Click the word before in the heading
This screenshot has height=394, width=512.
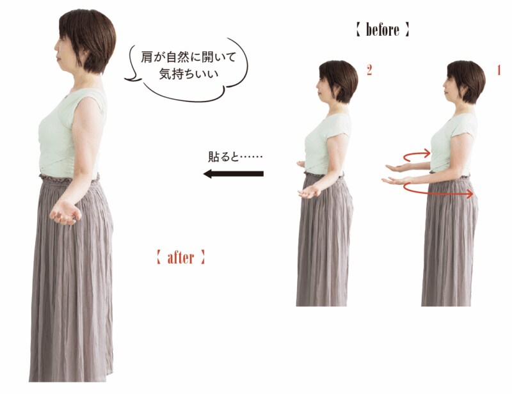click(382, 29)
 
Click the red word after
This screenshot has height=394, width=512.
click(180, 258)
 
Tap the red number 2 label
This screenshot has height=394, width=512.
click(369, 70)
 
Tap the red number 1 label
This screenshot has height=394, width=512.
click(499, 70)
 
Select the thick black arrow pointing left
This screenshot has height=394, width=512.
click(234, 174)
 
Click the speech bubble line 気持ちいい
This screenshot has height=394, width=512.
click(188, 74)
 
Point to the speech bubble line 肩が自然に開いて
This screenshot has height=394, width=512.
click(188, 58)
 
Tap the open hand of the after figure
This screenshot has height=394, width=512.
click(65, 213)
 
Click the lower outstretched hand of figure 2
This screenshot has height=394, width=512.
click(308, 193)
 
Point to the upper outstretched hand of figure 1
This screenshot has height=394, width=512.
click(397, 168)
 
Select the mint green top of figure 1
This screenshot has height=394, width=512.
click(453, 144)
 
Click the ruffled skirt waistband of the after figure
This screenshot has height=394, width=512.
click(69, 179)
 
